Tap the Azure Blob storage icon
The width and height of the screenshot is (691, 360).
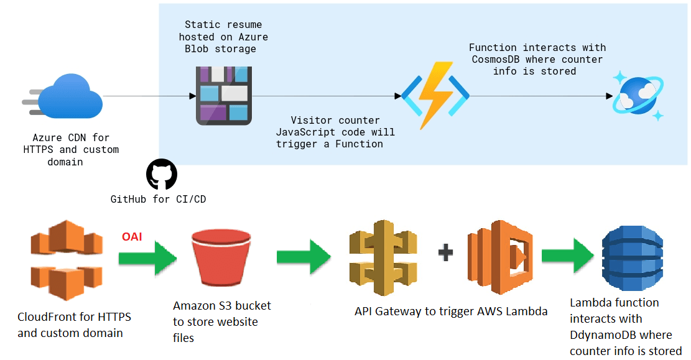[223, 93]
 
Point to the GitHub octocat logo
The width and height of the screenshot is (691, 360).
[162, 174]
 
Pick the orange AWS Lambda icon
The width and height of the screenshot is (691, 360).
[501, 256]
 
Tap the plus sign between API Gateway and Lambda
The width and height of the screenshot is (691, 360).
[445, 252]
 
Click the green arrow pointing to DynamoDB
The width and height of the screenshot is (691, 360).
[567, 256]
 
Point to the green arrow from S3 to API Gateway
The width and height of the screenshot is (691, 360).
[304, 256]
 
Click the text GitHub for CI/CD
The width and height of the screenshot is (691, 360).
[159, 200]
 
